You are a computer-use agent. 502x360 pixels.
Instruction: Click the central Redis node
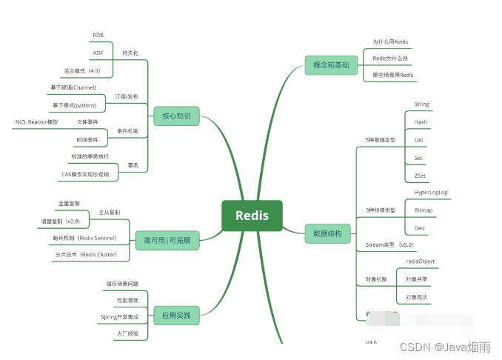(252, 216)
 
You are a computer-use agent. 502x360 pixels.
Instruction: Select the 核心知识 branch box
(176, 116)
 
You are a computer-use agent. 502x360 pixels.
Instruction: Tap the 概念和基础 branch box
(330, 65)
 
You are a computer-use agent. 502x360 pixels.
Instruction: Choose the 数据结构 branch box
(327, 234)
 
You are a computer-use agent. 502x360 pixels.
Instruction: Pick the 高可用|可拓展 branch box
(167, 241)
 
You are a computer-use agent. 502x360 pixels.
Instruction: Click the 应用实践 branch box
(176, 316)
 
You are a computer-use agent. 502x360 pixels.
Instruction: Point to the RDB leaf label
(98, 36)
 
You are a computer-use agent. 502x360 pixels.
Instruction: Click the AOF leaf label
(98, 53)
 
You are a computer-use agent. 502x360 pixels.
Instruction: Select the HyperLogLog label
(430, 193)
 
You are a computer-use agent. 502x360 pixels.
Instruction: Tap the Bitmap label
(424, 210)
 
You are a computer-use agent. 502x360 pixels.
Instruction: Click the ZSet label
(420, 176)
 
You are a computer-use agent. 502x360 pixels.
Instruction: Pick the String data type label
(421, 104)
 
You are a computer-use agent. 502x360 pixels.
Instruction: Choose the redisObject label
(421, 261)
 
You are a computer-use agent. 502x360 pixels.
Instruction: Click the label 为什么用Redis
(390, 42)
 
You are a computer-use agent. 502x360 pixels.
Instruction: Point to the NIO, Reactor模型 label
(36, 121)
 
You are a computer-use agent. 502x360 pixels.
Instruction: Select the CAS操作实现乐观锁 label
(85, 174)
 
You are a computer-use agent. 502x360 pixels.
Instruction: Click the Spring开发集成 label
(119, 316)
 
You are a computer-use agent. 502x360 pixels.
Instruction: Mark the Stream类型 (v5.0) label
(389, 244)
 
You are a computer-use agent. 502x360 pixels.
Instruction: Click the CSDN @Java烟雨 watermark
(448, 346)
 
